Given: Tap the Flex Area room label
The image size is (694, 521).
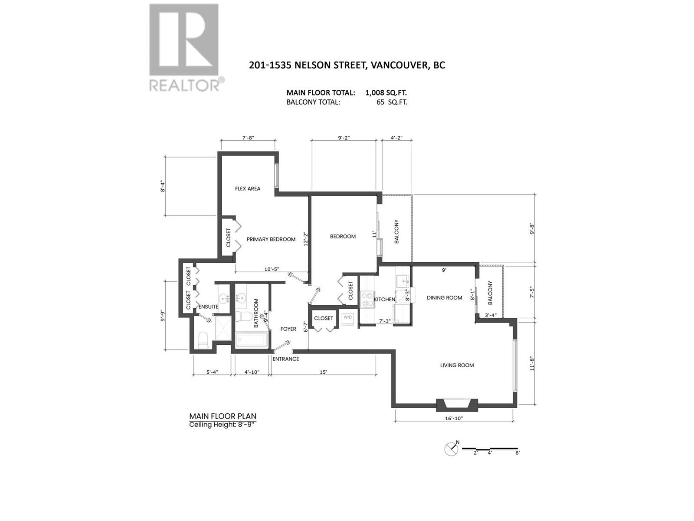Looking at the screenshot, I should coord(248,188).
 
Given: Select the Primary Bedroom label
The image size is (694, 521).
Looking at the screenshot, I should coord(271,239).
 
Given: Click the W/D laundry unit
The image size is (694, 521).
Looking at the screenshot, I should coord(348,317).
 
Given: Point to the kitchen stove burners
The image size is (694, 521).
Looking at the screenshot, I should coord(367,299).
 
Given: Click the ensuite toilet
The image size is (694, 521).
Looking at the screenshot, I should coord(203,340).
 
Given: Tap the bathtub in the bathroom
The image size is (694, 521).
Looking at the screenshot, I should coord(252,340).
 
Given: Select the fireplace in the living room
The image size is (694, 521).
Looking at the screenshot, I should coord(456,405).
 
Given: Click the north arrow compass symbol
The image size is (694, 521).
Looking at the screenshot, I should coord(451,448).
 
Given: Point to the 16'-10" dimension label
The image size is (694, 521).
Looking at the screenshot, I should coord(454,419).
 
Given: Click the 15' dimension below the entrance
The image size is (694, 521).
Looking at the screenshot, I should coord(323,372).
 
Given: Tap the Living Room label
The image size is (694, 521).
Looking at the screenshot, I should coord(457,365).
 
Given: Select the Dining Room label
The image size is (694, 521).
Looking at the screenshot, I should coord(444,298).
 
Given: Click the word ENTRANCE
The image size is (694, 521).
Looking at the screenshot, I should coord(286,359).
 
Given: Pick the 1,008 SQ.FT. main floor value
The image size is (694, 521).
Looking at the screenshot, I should coord(386,92).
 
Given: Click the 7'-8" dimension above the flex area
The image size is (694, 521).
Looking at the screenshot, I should coord(248,138).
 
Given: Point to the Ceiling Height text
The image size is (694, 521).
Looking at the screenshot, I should coord(223,425).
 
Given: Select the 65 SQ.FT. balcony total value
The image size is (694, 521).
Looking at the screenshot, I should coord(392,102).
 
